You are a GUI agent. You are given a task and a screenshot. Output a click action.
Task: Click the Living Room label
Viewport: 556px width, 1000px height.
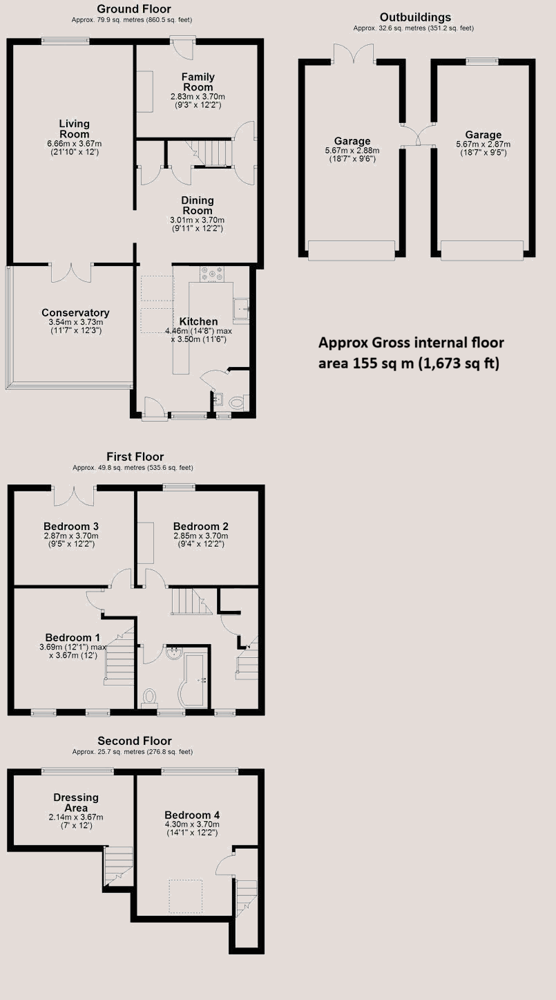click(75, 129)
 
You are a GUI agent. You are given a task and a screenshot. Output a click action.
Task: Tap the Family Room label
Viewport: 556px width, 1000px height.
click(198, 82)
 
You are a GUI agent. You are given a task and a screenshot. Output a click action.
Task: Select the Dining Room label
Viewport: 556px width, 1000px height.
click(198, 205)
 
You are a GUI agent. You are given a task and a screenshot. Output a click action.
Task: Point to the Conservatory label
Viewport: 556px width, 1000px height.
click(75, 312)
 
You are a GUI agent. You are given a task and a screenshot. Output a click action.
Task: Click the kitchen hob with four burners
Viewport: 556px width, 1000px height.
click(211, 274)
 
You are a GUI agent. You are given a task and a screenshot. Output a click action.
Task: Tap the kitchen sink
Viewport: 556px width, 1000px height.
click(241, 308)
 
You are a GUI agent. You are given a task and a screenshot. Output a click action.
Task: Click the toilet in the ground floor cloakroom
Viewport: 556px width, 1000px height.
click(237, 403)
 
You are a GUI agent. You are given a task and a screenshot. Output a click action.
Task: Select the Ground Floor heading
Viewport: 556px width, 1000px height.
click(134, 9)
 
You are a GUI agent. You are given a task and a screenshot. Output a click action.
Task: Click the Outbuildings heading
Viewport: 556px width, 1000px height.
click(415, 17)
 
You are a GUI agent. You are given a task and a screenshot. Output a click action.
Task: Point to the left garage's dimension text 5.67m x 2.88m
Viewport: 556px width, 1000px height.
click(352, 151)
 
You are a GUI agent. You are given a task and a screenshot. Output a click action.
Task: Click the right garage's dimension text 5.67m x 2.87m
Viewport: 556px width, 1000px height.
click(483, 144)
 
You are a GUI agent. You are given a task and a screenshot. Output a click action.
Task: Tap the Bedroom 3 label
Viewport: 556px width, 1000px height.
click(71, 527)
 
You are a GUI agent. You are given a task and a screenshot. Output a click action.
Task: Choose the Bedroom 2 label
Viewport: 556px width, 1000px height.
click(201, 527)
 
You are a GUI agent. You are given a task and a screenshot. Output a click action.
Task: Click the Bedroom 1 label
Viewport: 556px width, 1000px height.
click(73, 637)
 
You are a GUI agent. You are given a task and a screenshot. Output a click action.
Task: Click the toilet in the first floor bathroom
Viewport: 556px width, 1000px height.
click(149, 698)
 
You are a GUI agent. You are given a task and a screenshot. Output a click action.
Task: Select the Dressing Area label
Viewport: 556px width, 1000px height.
click(76, 802)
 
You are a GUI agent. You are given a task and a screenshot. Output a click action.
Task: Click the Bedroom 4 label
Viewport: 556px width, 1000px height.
click(192, 815)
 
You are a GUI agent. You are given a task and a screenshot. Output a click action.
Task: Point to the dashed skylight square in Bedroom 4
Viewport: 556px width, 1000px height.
click(185, 896)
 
